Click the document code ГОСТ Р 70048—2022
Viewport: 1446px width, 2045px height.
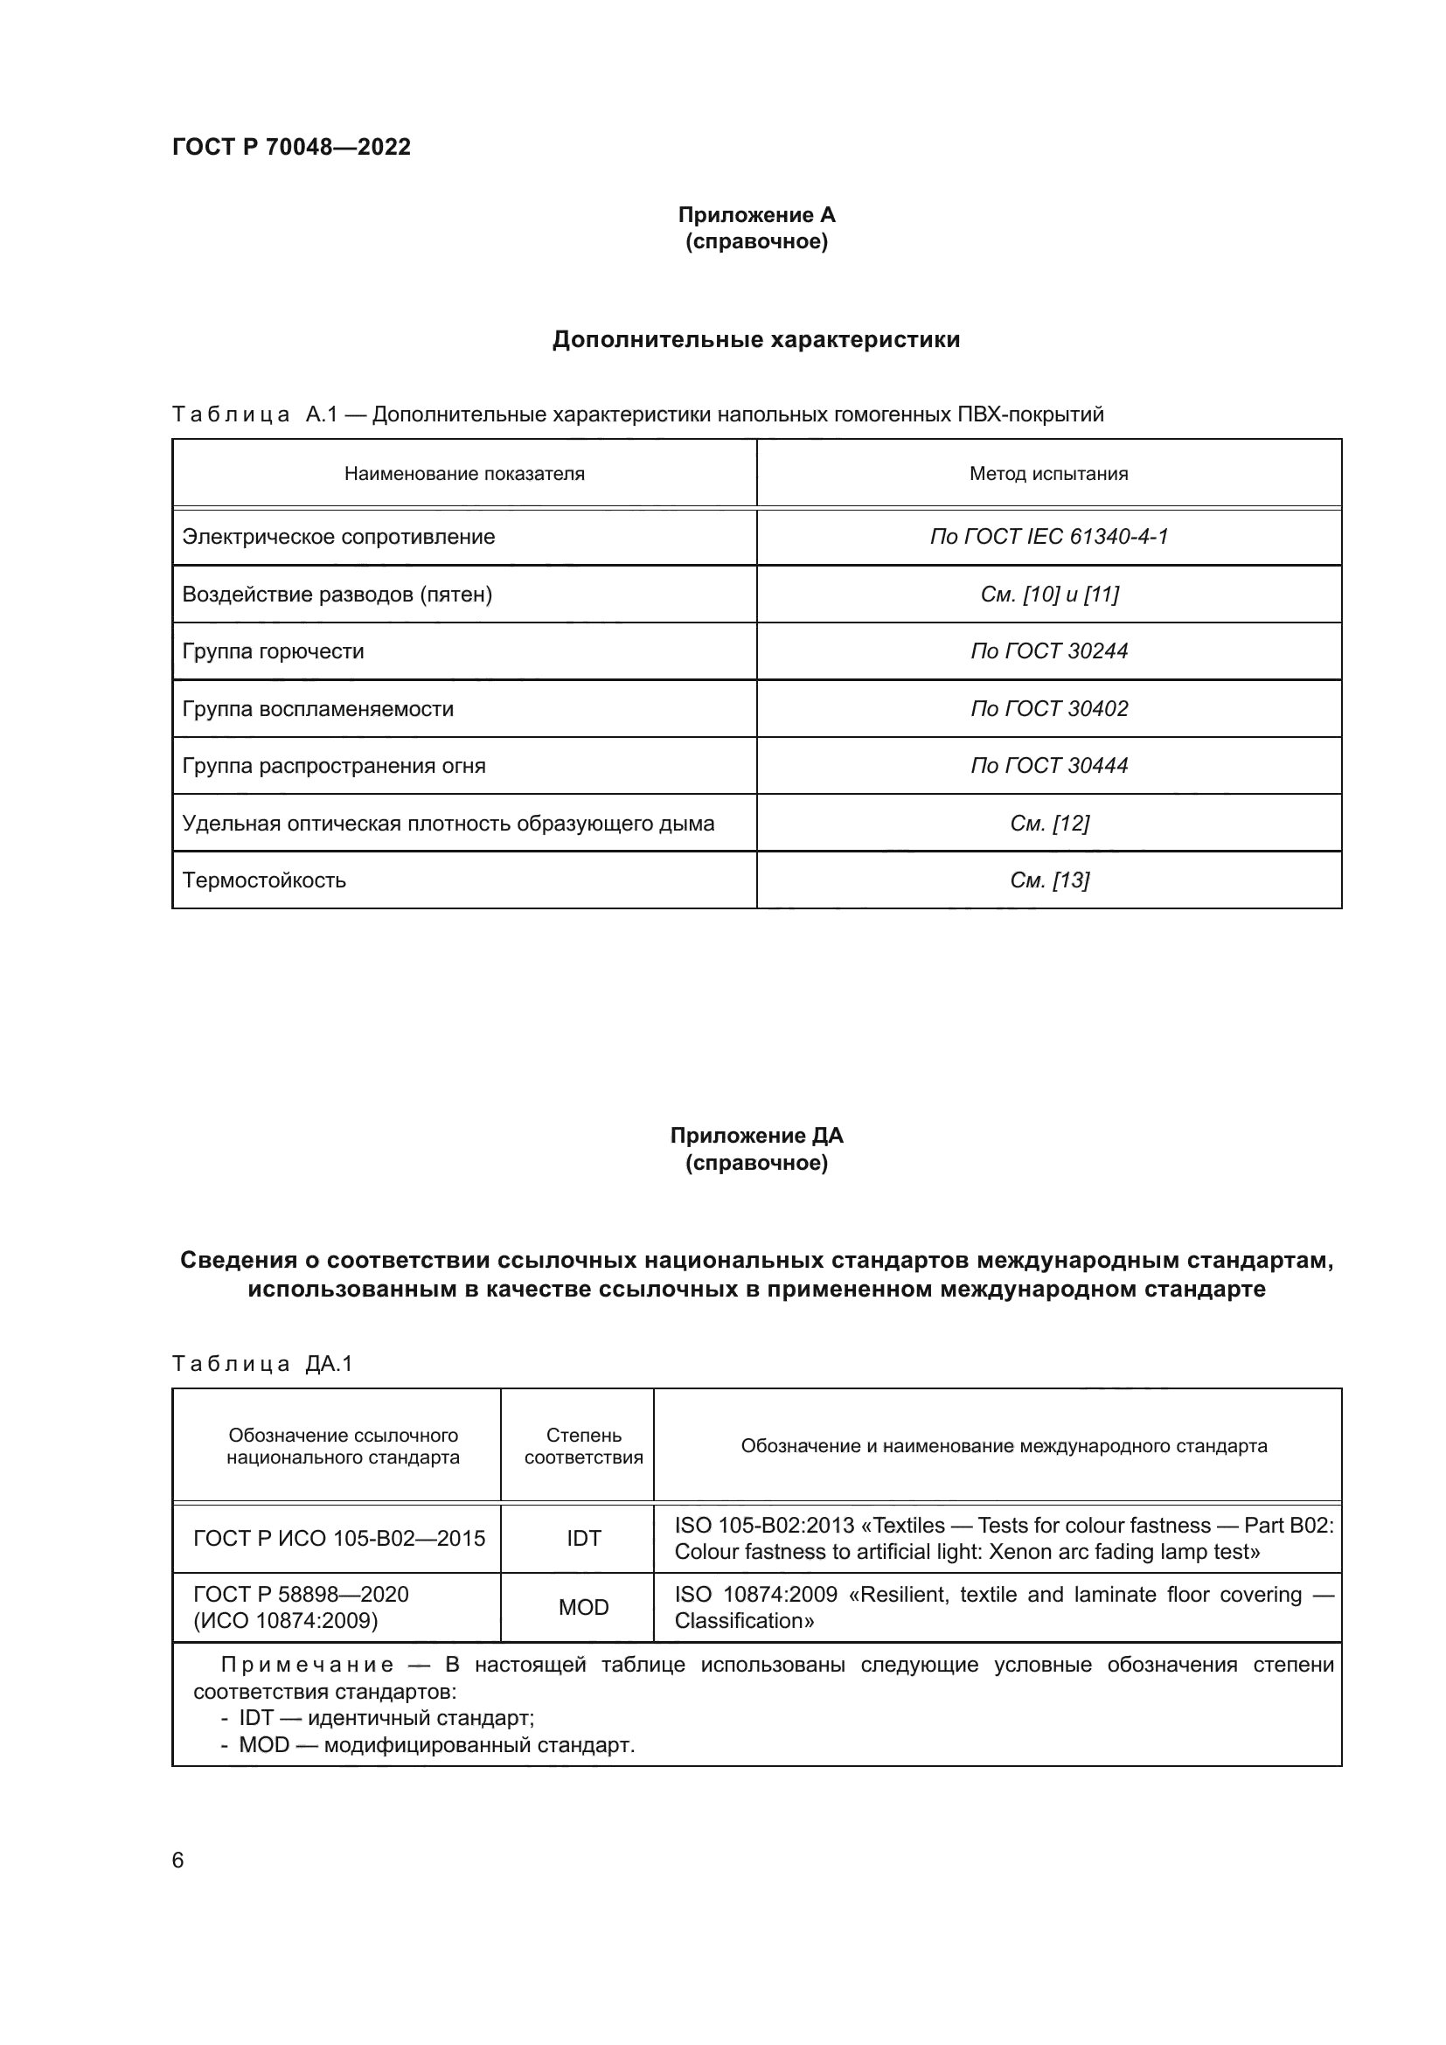(291, 147)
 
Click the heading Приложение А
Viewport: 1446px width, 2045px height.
(756, 215)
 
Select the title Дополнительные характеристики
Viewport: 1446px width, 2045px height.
(756, 339)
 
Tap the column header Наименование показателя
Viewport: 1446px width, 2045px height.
(464, 474)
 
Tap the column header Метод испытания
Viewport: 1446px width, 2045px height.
(1048, 474)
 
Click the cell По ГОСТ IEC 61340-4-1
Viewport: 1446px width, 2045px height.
(1048, 536)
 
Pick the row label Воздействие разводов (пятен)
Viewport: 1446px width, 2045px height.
(337, 594)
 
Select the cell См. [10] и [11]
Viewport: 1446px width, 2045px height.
(1048, 594)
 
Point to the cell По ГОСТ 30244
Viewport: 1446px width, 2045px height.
(1048, 651)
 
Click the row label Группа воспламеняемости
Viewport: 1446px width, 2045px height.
(318, 709)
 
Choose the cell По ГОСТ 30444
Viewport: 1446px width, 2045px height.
(1048, 766)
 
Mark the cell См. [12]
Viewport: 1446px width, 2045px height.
(1048, 823)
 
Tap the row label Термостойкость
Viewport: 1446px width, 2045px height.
(263, 881)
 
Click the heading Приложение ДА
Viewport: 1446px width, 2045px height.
(756, 1136)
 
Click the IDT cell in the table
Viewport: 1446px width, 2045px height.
(583, 1538)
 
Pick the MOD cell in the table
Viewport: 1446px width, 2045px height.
(583, 1607)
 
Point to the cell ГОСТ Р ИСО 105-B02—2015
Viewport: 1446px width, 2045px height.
(338, 1538)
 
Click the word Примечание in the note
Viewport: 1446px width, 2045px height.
(306, 1665)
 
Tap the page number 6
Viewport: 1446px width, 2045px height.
(178, 1860)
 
